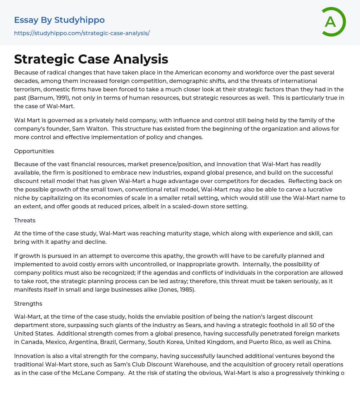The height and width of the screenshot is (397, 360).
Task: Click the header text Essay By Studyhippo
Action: click(x=59, y=20)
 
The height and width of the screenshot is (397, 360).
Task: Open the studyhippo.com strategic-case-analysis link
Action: click(x=82, y=33)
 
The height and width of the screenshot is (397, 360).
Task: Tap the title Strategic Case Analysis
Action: click(x=91, y=59)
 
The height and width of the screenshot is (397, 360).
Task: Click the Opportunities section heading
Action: click(x=34, y=151)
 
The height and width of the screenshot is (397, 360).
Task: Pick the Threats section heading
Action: click(x=25, y=220)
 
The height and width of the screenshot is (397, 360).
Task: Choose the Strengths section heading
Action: click(x=28, y=304)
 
